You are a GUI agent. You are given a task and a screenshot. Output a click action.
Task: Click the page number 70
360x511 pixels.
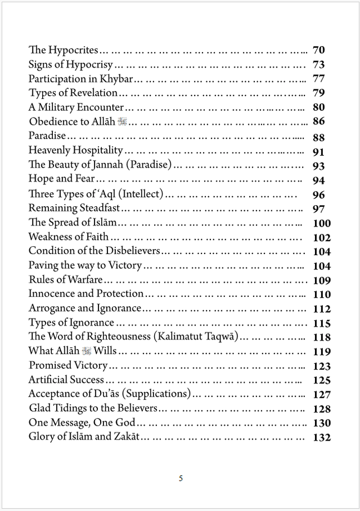point(318,50)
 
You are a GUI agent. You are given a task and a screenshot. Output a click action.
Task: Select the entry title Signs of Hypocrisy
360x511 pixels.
point(71,65)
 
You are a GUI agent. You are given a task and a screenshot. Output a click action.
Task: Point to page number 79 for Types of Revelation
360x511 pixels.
point(318,93)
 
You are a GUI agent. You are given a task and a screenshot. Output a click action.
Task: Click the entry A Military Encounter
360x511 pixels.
point(76,107)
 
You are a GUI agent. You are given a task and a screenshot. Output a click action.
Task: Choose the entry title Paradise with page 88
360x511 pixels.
point(47,136)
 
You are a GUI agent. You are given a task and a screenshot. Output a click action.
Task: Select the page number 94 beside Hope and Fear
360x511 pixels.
point(318,180)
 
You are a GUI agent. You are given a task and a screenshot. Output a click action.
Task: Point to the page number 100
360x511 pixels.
point(322,223)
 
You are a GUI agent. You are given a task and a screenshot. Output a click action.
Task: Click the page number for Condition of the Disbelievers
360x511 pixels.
point(322,252)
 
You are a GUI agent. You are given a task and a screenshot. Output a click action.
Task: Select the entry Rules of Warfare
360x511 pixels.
point(65,279)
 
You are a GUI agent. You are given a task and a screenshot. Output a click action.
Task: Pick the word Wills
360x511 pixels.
point(105,351)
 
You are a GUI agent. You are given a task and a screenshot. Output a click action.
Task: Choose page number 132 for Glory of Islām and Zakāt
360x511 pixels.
point(322,438)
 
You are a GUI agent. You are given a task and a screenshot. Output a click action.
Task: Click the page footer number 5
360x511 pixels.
point(181,478)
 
